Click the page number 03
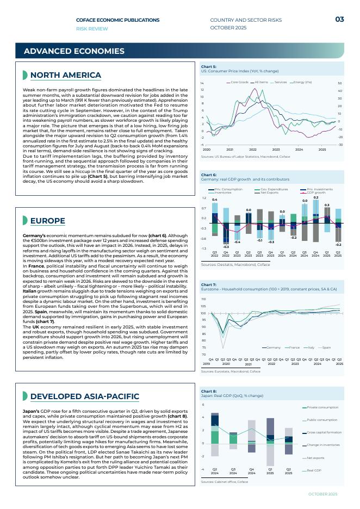(x=339, y=20)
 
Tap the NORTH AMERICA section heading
(x=65, y=75)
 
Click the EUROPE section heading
(x=47, y=221)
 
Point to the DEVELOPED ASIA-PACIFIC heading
(x=84, y=396)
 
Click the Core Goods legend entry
(x=239, y=82)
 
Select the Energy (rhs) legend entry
(x=302, y=82)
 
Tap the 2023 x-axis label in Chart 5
(x=276, y=149)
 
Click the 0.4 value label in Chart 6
(x=215, y=200)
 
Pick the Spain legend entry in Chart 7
(x=326, y=347)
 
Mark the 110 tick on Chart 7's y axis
(x=203, y=299)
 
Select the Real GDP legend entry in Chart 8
(x=314, y=470)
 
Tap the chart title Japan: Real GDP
(x=232, y=396)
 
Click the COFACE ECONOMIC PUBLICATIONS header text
(x=117, y=20)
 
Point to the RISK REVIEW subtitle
(x=92, y=28)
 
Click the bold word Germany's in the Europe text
(x=35, y=235)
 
